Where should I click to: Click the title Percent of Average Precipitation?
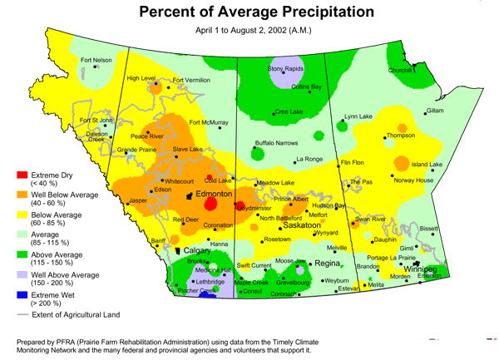point(254,12)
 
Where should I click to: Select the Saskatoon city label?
point(302,225)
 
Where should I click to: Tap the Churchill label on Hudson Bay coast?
point(400,71)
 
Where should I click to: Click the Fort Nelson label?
point(96,60)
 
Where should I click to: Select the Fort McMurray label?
point(208,122)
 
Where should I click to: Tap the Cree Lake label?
point(291,111)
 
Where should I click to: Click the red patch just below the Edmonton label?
point(210,204)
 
